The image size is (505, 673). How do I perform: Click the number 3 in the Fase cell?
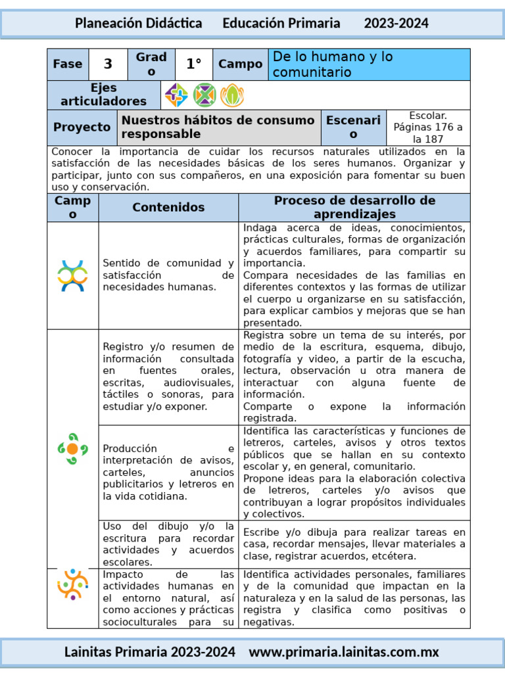[108, 64]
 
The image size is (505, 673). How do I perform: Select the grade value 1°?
[193, 64]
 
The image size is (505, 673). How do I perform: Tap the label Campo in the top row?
[240, 64]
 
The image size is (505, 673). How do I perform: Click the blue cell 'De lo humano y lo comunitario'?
[370, 64]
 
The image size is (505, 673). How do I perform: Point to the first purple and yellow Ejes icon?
[176, 95]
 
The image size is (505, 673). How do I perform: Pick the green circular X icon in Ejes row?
[204, 95]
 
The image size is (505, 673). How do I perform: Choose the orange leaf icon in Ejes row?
[231, 95]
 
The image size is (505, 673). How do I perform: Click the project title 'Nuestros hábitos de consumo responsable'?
[218, 127]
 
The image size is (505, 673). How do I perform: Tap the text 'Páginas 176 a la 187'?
[428, 133]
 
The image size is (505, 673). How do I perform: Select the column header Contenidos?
[168, 207]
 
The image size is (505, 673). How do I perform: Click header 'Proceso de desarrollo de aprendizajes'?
[354, 207]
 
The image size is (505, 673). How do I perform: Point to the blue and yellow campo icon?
[72, 276]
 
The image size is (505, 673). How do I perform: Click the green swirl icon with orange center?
[72, 448]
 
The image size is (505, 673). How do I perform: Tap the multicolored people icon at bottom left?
[72, 583]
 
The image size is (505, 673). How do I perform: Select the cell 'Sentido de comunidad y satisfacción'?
[168, 275]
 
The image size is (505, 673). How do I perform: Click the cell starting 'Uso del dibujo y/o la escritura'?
[168, 544]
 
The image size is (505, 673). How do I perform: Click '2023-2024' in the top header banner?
[397, 23]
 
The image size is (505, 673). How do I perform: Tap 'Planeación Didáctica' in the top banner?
[138, 23]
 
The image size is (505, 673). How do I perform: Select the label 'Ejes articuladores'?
[104, 95]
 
